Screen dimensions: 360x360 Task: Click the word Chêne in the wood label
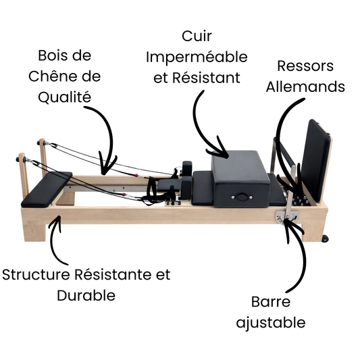click(x=57, y=76)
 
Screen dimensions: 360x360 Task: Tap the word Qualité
click(x=64, y=97)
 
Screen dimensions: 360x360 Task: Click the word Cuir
click(x=196, y=34)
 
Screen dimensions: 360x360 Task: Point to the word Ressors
click(x=305, y=66)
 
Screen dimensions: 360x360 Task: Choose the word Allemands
click(x=305, y=86)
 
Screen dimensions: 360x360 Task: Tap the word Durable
click(x=85, y=296)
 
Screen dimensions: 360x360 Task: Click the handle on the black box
click(x=240, y=197)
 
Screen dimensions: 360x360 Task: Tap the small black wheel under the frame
click(x=326, y=238)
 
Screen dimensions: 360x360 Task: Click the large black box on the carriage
click(x=240, y=177)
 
